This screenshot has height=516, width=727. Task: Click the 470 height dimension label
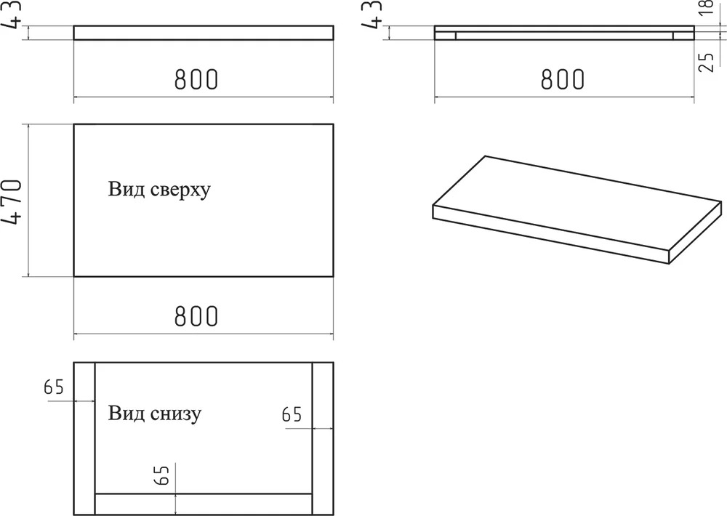12,201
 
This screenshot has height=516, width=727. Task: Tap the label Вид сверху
159,189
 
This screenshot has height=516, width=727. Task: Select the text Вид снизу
155,413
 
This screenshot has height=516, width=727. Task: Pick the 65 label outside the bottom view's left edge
54,387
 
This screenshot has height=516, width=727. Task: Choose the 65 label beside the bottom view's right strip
292,414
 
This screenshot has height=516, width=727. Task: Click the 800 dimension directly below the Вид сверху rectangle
196,316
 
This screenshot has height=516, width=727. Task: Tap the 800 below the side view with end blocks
563,79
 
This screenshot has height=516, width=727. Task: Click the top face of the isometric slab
577,203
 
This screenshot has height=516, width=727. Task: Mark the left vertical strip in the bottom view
84,438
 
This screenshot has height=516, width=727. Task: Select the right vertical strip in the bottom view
323,438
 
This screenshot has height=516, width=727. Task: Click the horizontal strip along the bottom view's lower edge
204,504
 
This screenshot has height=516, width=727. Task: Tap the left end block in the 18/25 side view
446,36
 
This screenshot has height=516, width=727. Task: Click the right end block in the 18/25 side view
683,36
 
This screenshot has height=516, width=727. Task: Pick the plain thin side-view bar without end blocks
204,33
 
